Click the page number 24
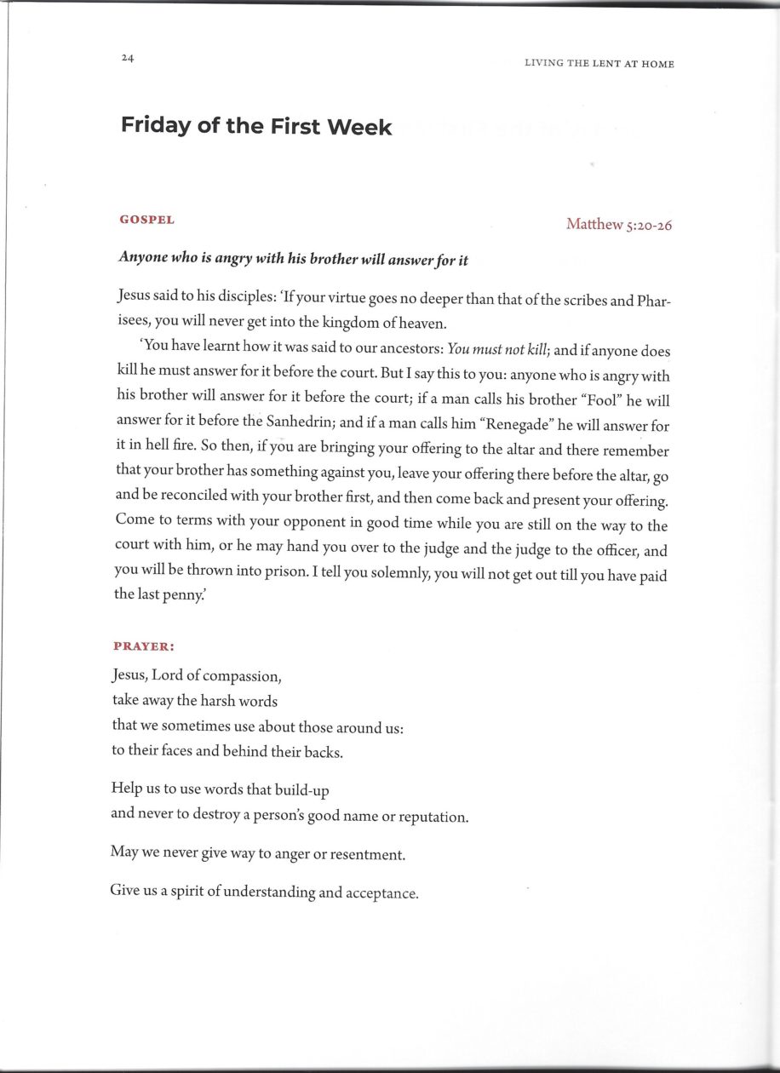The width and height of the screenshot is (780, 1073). point(128,58)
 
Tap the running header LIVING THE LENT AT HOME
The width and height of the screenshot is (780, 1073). point(599,64)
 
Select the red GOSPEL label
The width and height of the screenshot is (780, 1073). point(147,220)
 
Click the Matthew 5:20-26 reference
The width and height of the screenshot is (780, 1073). point(619,225)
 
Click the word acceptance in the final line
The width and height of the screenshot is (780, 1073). point(380,894)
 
